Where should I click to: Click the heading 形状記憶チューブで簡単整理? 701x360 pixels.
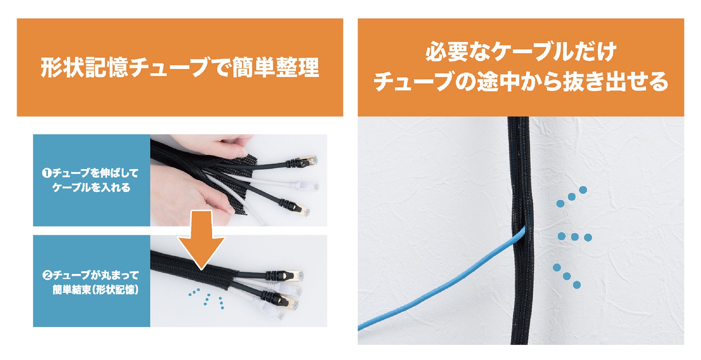click(180, 68)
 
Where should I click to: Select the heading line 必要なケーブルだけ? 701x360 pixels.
click(521, 52)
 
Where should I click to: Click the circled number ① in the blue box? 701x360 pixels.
click(47, 173)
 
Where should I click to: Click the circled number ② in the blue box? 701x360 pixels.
click(47, 275)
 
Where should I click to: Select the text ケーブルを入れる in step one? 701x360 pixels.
click(91, 187)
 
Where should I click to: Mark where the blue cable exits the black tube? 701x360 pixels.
click(525, 228)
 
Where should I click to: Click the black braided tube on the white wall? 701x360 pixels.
click(520, 230)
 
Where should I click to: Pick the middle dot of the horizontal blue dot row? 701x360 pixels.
click(574, 237)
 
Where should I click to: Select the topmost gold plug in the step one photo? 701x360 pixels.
click(307, 161)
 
